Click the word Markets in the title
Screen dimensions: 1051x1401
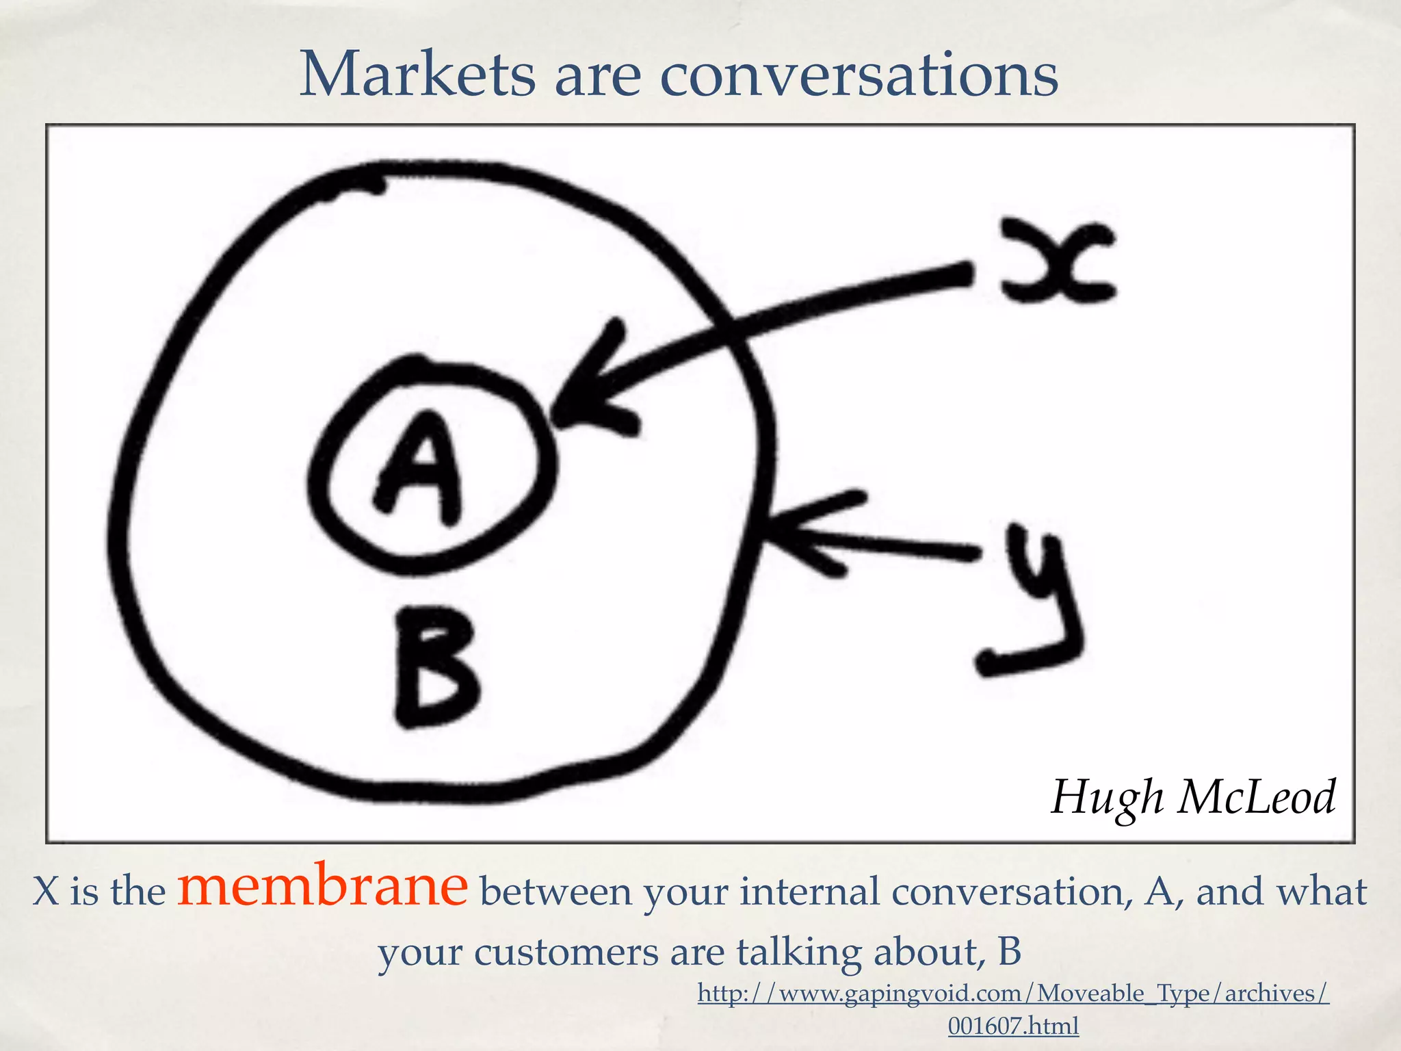point(417,75)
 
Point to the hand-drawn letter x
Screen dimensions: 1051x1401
point(1057,261)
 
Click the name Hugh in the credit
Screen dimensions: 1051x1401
point(1107,797)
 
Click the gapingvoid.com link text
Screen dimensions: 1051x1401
point(1012,993)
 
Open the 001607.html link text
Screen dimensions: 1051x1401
point(1012,1026)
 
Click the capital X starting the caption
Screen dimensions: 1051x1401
point(45,892)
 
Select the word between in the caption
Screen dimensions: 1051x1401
point(555,892)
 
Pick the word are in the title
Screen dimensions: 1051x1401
point(597,75)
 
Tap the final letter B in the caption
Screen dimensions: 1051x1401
point(1009,952)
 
